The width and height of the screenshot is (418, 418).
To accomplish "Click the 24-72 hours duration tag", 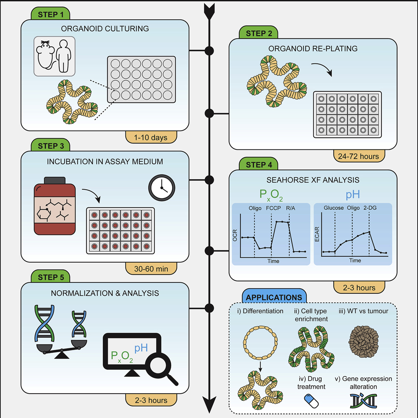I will tap(358, 156).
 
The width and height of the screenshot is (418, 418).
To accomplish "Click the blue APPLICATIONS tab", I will tap(274, 297).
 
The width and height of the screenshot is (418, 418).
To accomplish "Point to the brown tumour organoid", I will tap(364, 340).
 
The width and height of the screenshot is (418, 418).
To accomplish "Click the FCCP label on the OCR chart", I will tap(272, 207).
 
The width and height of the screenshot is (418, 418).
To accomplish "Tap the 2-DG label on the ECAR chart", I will tap(369, 207).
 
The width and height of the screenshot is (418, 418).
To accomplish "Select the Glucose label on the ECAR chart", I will tap(334, 207).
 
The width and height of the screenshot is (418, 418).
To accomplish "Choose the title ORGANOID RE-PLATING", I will tap(313, 49).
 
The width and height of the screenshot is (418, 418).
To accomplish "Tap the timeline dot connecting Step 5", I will tap(209, 307).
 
